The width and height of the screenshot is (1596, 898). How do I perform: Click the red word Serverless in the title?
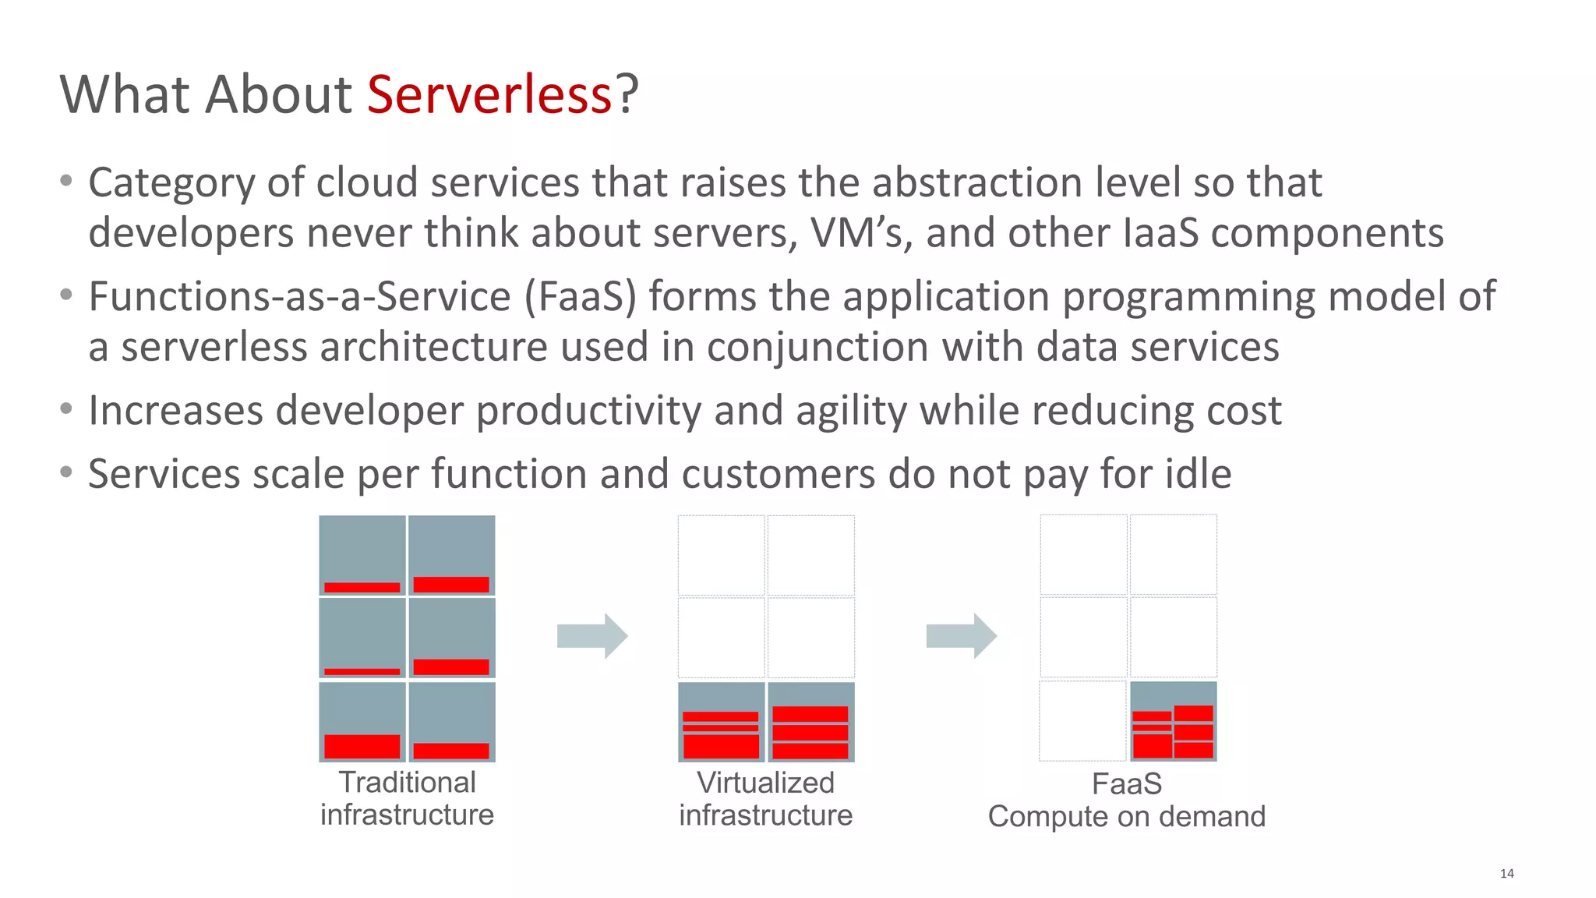tap(489, 94)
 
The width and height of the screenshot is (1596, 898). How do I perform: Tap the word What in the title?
tap(124, 94)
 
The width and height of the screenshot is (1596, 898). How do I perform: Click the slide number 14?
tap(1506, 873)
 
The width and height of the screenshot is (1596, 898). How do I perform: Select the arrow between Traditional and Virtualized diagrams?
tap(591, 636)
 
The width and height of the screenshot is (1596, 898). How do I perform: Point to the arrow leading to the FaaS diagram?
tap(961, 636)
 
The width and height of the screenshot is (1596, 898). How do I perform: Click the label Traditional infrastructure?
tap(407, 798)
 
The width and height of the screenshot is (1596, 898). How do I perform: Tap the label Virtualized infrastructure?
tap(765, 798)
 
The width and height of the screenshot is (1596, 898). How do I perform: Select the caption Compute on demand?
tap(1126, 816)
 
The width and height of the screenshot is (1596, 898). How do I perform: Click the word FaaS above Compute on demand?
tap(1126, 783)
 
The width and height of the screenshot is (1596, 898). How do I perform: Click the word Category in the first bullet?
tap(171, 183)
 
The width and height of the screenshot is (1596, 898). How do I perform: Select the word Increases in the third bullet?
tap(175, 410)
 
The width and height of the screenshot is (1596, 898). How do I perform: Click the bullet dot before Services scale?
tap(67, 472)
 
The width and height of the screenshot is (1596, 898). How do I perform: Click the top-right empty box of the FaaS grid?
tap(1173, 554)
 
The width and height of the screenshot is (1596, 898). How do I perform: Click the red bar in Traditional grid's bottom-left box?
tap(362, 746)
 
